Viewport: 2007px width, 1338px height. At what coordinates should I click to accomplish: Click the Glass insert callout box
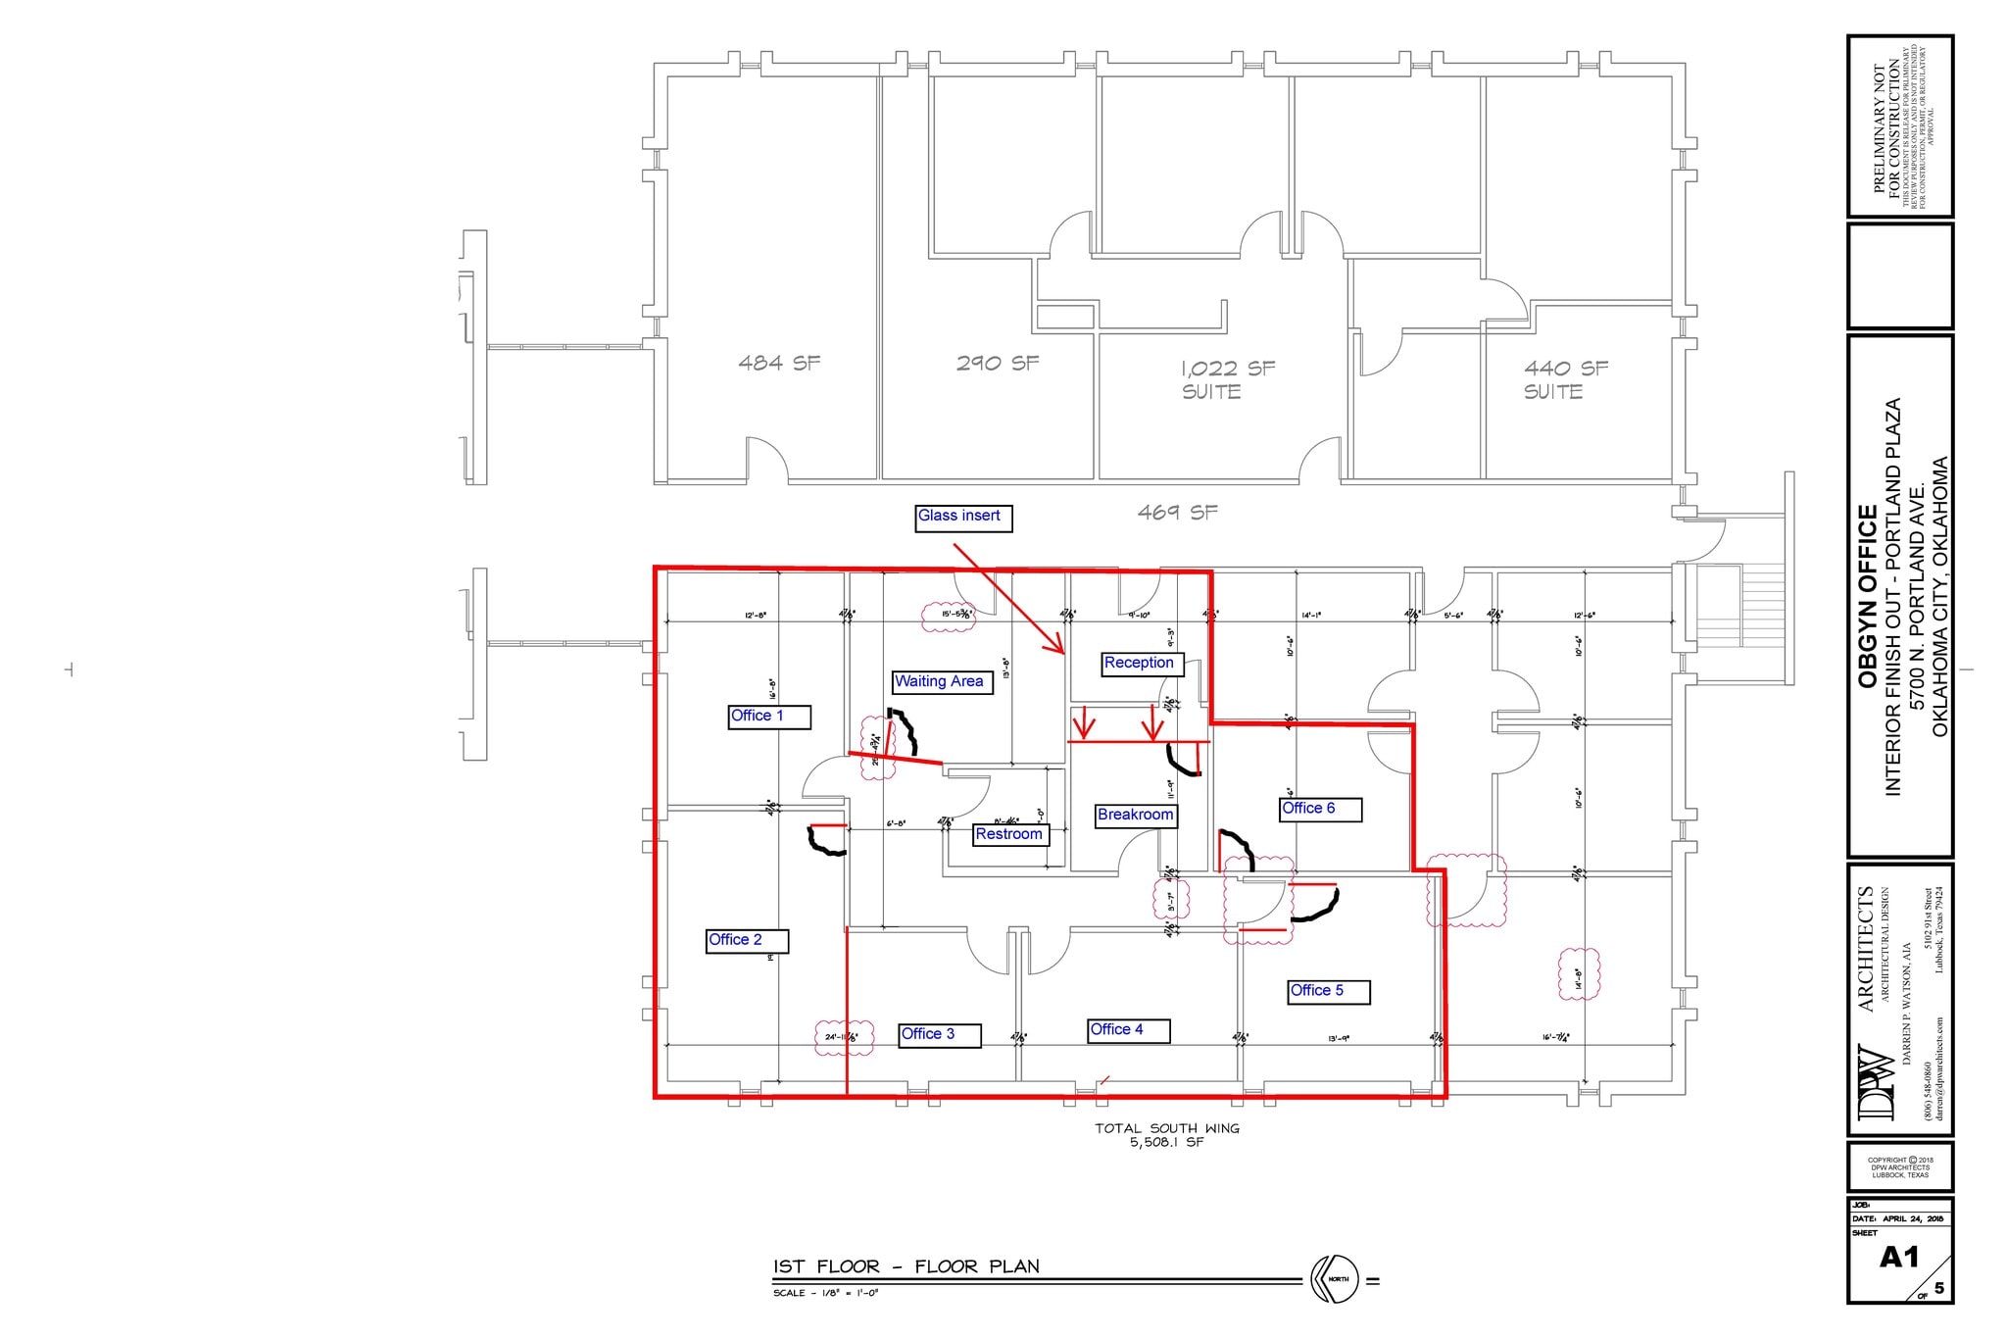click(x=962, y=518)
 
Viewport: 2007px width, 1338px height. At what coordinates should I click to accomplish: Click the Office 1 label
click(x=768, y=717)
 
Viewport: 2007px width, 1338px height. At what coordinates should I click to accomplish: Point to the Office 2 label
click(x=747, y=941)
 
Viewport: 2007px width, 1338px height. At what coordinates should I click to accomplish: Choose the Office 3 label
click(x=940, y=1035)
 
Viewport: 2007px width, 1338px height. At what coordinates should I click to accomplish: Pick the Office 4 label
click(x=1129, y=1030)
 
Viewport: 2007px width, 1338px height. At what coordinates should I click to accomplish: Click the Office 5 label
click(x=1328, y=991)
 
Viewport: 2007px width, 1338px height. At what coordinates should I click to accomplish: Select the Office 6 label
click(x=1320, y=809)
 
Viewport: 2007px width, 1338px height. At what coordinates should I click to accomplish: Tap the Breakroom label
click(x=1136, y=816)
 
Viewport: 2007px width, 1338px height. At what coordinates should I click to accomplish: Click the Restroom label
click(x=1010, y=835)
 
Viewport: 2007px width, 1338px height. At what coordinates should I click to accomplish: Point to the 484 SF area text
click(x=779, y=363)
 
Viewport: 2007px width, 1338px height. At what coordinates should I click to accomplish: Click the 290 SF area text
click(x=997, y=363)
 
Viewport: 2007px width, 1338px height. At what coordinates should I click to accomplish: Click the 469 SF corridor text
click(x=1177, y=512)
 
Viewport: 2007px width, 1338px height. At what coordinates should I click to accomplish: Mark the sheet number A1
click(x=1898, y=1258)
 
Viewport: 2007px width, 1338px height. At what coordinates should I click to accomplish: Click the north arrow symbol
click(x=1334, y=1279)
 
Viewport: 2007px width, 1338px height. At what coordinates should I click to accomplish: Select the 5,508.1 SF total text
click(x=1166, y=1143)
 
